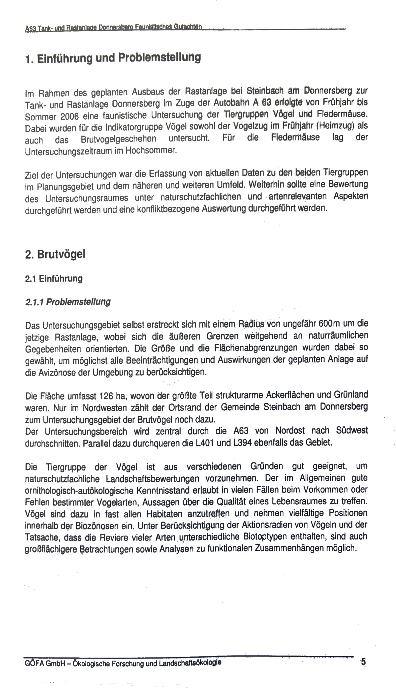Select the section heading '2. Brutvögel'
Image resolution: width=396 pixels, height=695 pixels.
[55, 254]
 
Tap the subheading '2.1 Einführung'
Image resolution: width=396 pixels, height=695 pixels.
[54, 279]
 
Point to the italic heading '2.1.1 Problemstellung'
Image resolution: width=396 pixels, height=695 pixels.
[68, 302]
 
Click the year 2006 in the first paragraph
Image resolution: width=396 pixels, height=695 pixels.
[70, 116]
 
